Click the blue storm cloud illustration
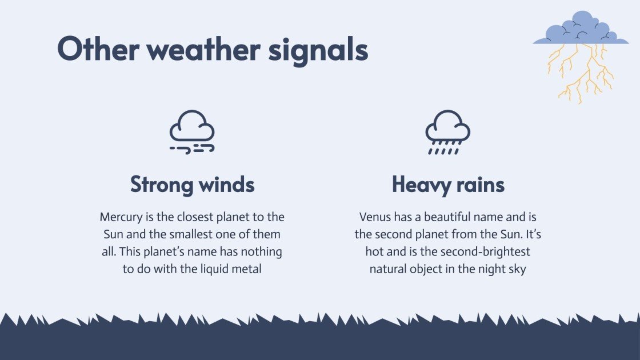[x=580, y=30]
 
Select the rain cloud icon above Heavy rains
[x=447, y=131]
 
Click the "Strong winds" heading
[x=193, y=185]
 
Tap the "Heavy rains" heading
[x=448, y=185]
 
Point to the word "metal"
[x=246, y=269]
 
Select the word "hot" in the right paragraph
[x=375, y=251]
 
